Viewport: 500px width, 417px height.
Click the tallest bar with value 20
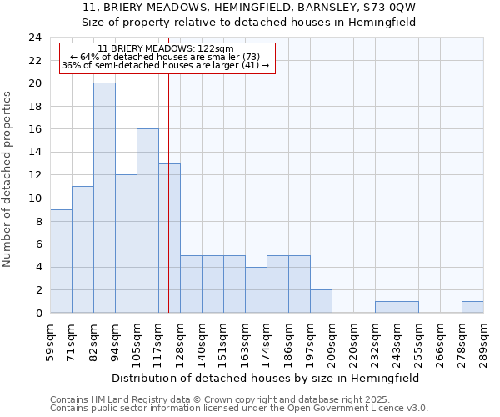[104, 198]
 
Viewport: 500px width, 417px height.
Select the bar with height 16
[147, 221]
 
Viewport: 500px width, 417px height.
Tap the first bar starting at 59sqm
[61, 261]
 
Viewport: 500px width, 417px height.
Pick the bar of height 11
[82, 249]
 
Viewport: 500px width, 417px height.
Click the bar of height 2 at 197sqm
[321, 301]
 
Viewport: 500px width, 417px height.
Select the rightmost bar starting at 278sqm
[472, 307]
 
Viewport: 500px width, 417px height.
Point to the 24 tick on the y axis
[34, 38]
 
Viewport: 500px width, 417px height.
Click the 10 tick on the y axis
[34, 198]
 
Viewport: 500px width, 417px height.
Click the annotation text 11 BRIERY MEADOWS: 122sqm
[166, 48]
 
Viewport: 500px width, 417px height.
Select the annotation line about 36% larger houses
[166, 65]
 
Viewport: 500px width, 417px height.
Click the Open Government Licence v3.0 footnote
[239, 409]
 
